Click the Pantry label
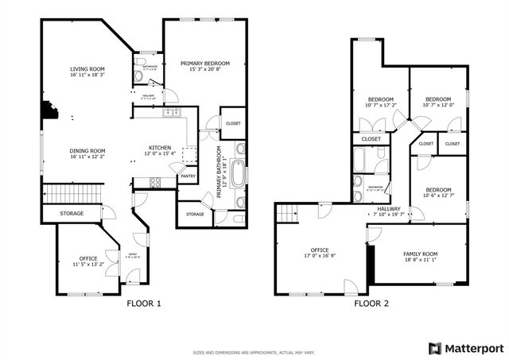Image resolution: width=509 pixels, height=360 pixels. click(188, 176)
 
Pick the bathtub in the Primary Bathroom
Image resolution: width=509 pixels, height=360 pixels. click(239, 172)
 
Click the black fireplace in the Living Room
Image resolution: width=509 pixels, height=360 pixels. click(50, 109)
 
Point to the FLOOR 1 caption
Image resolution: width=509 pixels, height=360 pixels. click(145, 304)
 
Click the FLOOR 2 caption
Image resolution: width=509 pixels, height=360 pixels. click(371, 304)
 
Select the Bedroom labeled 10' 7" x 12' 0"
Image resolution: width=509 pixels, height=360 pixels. click(437, 104)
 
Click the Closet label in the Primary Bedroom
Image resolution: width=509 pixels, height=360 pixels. click(233, 123)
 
